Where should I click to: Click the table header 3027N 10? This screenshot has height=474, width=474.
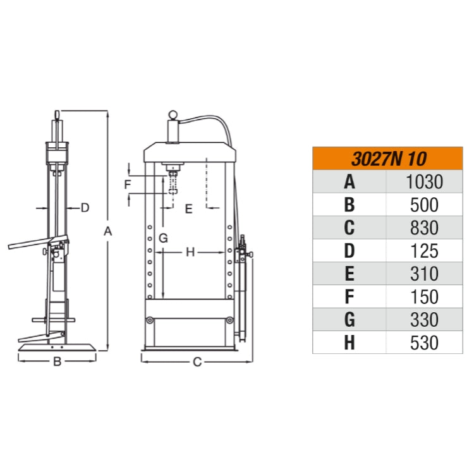pos(387,158)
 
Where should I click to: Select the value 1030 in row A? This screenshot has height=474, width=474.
pos(424,182)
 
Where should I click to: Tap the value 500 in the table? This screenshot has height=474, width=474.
pos(424,205)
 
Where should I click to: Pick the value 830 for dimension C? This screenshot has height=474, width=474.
pos(424,228)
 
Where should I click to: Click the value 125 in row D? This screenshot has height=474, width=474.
pos(424,251)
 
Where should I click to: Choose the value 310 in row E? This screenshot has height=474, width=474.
pos(424,274)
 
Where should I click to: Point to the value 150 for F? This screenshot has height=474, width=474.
pos(424,296)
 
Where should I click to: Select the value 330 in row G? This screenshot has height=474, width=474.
pos(424,319)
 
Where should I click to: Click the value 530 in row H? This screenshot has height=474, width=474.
pos(424,343)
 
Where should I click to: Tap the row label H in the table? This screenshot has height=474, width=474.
pos(349,343)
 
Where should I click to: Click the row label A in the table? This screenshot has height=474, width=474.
pos(349,182)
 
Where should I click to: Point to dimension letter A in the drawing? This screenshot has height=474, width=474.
pos(108,232)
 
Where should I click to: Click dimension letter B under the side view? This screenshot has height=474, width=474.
pos(57,362)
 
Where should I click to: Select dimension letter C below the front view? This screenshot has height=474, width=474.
pos(197,362)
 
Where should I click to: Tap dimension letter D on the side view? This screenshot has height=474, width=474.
pos(85,207)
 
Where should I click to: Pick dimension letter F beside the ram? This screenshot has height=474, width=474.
pos(128,185)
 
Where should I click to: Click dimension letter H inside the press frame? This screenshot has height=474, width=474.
pos(190,252)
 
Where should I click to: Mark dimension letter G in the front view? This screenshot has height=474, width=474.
pos(162,238)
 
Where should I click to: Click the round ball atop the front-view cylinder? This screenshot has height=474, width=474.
pos(172,115)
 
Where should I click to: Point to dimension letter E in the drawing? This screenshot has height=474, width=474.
pos(188,209)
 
